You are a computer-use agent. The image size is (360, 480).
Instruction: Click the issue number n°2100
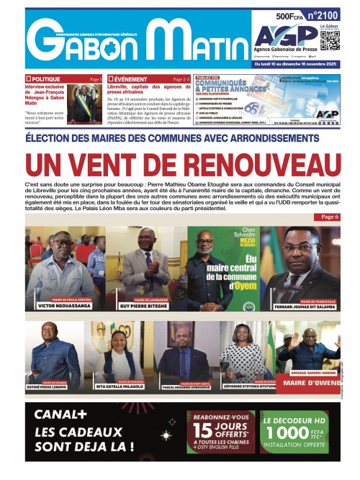click(323, 14)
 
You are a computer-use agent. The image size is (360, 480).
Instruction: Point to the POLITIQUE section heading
click(45, 78)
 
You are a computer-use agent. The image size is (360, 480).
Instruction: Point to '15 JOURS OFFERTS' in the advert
click(219, 429)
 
